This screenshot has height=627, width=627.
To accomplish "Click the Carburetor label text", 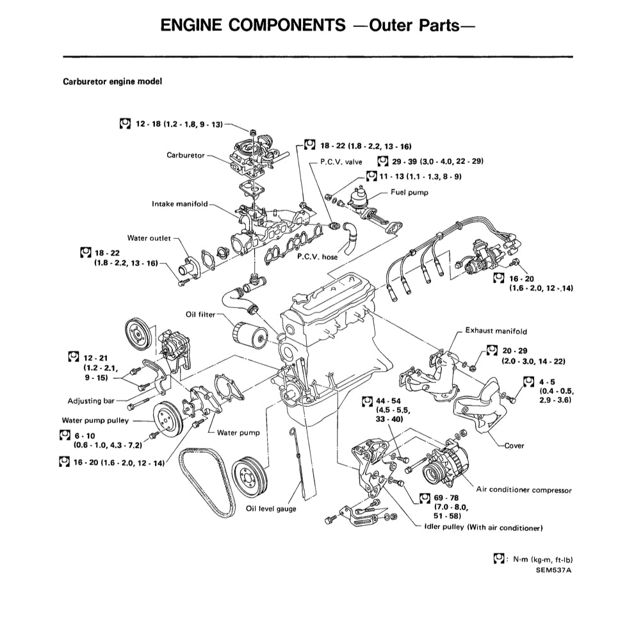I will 185,156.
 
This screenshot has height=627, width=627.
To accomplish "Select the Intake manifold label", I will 180,204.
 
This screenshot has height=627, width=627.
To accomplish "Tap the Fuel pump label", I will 411,192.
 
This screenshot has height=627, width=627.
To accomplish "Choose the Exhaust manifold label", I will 496,331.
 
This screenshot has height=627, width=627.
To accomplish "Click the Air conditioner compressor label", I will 524,490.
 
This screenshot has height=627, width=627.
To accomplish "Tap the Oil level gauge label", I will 271,509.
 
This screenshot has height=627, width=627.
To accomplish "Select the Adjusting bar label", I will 91,402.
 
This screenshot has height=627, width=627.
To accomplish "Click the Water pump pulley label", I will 95,421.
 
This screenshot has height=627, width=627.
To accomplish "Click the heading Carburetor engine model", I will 112,82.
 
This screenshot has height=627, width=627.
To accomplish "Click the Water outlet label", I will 149,238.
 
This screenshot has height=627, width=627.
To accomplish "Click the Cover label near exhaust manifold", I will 514,446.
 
